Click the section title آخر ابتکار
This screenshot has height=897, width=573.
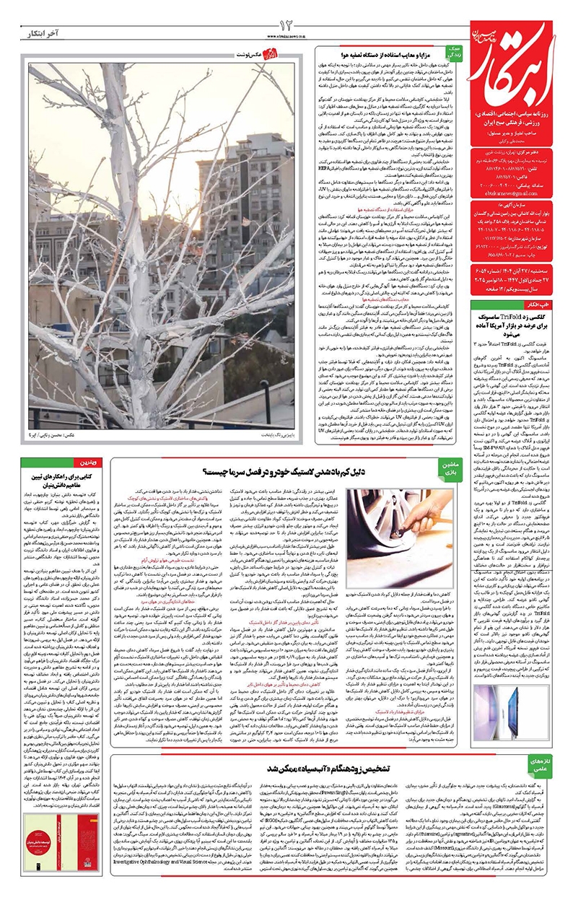(x=32, y=32)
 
